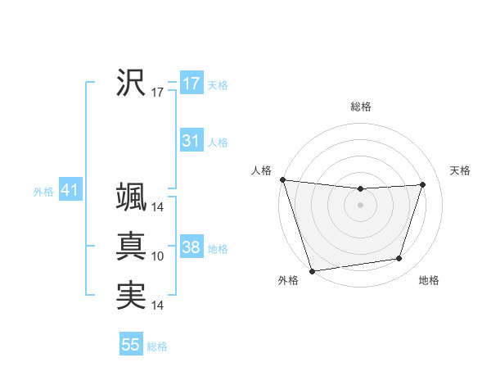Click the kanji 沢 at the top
coord(131,83)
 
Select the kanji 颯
coord(131,197)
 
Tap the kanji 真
coord(131,246)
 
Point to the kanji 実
coord(131,295)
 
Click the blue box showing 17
coord(191,84)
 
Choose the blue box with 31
coord(191,141)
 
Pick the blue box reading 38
coord(191,247)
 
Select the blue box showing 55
coord(131,345)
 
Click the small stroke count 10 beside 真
coord(158,257)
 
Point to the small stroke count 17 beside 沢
coord(158,93)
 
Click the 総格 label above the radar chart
coord(361,106)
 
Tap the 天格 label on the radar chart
coord(460,170)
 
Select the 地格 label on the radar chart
coord(429,281)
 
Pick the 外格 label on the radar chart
coord(288,281)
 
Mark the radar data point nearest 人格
coord(282,179)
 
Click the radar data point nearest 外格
coord(312,271)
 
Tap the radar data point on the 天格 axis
coord(423,184)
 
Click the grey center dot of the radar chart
coord(361,205)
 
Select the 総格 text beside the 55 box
coord(157,346)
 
